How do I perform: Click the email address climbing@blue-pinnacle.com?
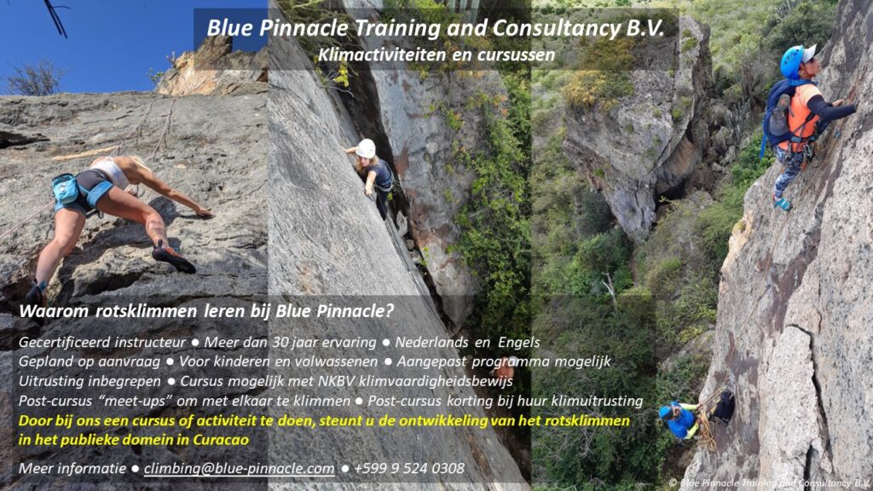pyautogui.click(x=240, y=469)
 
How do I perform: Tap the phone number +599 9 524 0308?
pyautogui.click(x=409, y=468)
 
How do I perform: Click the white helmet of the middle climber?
pyautogui.click(x=366, y=148)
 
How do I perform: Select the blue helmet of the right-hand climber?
pyautogui.click(x=793, y=61)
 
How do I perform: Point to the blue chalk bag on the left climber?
pyautogui.click(x=65, y=188)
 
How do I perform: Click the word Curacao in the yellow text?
pyautogui.click(x=221, y=440)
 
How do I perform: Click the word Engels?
pyautogui.click(x=519, y=343)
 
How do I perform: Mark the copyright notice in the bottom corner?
pyautogui.click(x=769, y=483)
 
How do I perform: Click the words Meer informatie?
pyautogui.click(x=72, y=468)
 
